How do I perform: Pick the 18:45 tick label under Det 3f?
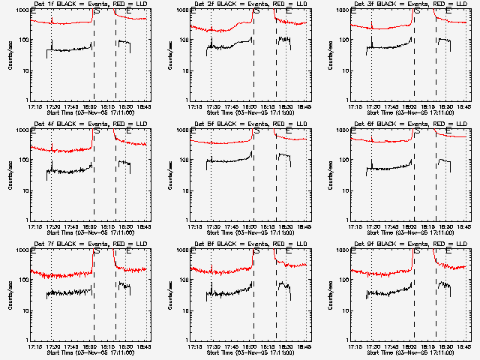tap(463, 106)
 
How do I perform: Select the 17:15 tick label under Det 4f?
tap(34, 226)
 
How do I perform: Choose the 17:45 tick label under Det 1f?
tap(72, 106)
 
